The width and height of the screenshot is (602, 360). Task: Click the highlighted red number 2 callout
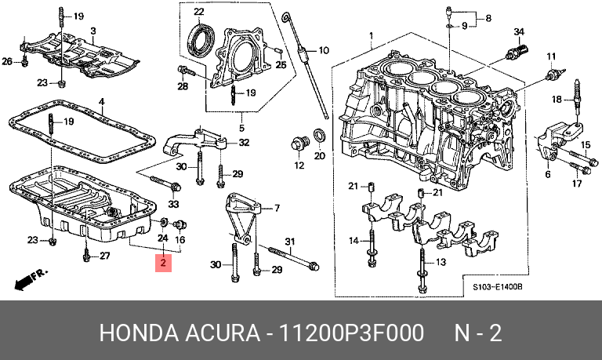(163, 263)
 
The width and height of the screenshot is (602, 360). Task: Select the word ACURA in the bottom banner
(224, 333)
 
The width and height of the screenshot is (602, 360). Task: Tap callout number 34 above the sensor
(518, 31)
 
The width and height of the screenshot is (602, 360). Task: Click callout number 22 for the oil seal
(198, 12)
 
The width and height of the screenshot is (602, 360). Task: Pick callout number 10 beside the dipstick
(321, 50)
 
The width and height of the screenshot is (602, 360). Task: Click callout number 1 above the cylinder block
(371, 34)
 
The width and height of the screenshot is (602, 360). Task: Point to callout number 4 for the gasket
(101, 101)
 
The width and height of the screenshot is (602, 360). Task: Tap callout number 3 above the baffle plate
(92, 31)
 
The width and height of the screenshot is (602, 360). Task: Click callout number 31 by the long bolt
(288, 240)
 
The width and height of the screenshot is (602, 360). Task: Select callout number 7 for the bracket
(276, 209)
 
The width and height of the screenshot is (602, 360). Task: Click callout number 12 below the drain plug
(299, 165)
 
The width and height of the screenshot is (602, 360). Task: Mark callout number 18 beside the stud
(557, 100)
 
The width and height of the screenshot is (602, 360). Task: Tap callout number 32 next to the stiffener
(244, 143)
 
